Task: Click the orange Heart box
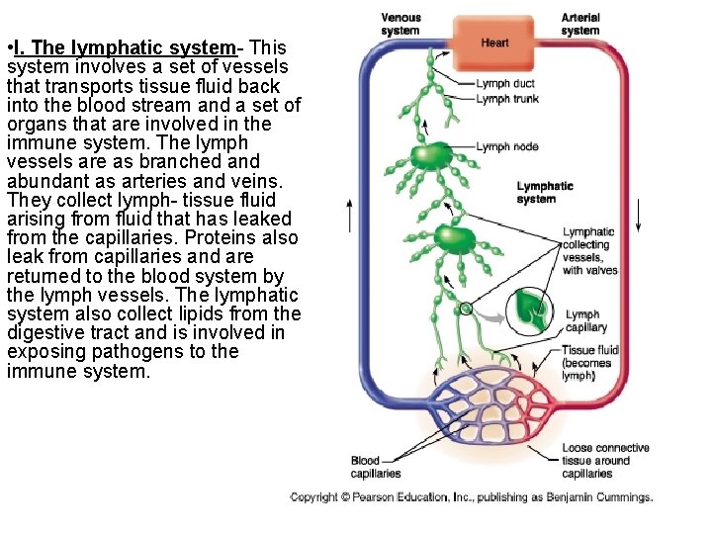(x=495, y=43)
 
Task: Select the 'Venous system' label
(x=400, y=24)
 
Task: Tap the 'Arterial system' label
(x=580, y=24)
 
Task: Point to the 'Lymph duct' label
(x=505, y=84)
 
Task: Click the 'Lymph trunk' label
(x=507, y=99)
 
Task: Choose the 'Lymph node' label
(x=507, y=146)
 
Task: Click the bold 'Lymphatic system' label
(x=545, y=192)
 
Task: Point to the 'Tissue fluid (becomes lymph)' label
(x=589, y=363)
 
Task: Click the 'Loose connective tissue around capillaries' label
(x=606, y=461)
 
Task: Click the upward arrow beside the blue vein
(x=348, y=214)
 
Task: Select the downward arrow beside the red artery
(x=640, y=214)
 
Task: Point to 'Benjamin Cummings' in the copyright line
(x=605, y=497)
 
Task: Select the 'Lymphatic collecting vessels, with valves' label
(x=589, y=251)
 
